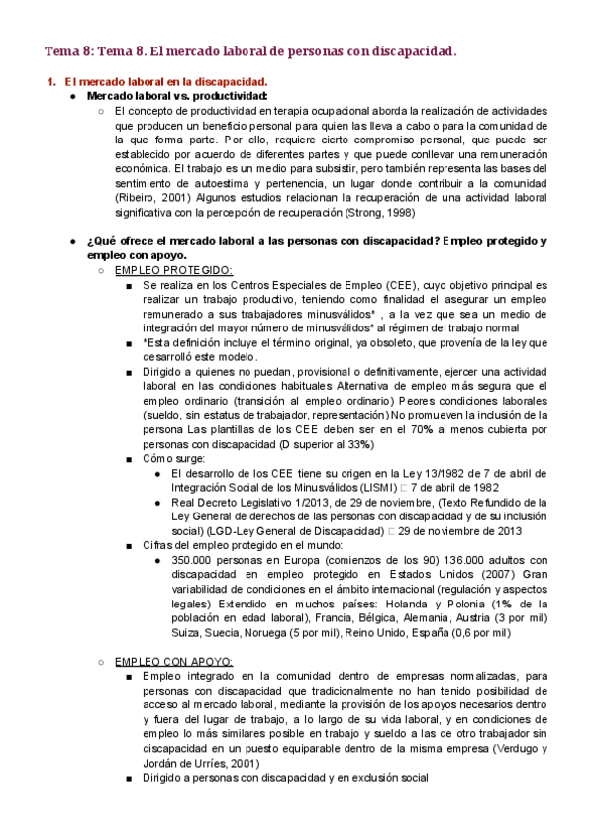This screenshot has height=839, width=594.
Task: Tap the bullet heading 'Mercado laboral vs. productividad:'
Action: click(177, 96)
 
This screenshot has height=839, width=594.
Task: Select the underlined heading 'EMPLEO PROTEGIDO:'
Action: click(173, 270)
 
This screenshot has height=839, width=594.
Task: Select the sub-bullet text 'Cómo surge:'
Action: click(174, 459)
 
